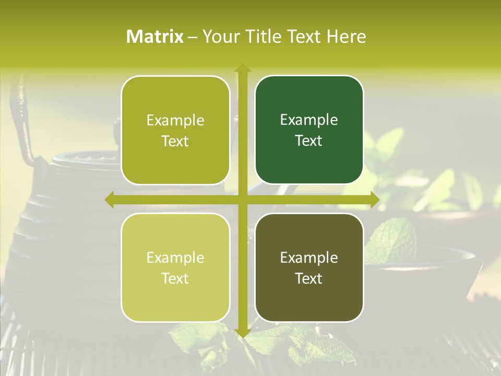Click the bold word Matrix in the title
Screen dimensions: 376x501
pos(155,37)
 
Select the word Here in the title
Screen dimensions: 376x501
pos(346,37)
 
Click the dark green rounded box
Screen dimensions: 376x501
pos(309,130)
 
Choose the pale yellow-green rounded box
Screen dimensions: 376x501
pos(175,267)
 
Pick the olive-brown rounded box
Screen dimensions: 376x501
pos(309,267)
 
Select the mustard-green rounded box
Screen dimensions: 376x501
pos(175,130)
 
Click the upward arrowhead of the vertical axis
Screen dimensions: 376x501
pos(242,68)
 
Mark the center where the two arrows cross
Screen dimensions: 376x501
pos(242,199)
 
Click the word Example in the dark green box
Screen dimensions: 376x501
pos(309,120)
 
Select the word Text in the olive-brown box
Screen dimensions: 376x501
pos(309,278)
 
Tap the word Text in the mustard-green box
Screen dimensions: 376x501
pos(175,141)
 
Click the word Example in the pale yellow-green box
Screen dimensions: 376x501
pos(175,257)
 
